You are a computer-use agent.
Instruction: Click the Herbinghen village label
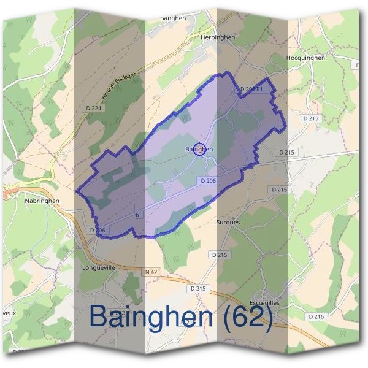pyautogui.click(x=218, y=37)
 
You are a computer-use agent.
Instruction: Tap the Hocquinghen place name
pyautogui.click(x=305, y=58)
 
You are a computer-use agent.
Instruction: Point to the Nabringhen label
pyautogui.click(x=42, y=201)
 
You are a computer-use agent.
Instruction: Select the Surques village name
pyautogui.click(x=229, y=223)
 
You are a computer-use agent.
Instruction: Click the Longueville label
pyautogui.click(x=98, y=268)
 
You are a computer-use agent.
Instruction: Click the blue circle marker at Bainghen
pyautogui.click(x=199, y=149)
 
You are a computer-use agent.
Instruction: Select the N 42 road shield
pyautogui.click(x=151, y=271)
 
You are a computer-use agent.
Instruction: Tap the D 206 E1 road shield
pyautogui.click(x=251, y=90)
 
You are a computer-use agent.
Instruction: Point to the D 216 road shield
pyautogui.click(x=316, y=316)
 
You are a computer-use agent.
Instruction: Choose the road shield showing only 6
pyautogui.click(x=139, y=215)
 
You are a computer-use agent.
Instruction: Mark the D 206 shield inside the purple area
pyautogui.click(x=209, y=181)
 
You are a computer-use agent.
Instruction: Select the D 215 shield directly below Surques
pyautogui.click(x=219, y=254)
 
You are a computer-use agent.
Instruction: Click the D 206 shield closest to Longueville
pyautogui.click(x=98, y=231)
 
